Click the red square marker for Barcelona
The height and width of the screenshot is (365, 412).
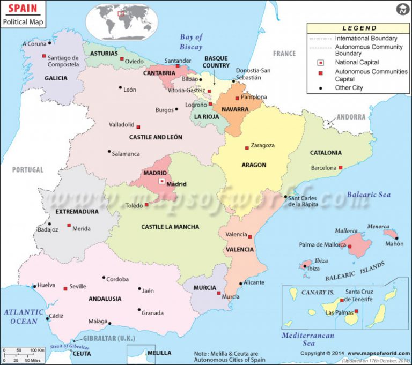pos(340,168)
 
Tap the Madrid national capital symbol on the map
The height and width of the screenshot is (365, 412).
pos(161,182)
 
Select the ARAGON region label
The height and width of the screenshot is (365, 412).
pos(254,165)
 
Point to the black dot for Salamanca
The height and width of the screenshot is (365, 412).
pos(109,151)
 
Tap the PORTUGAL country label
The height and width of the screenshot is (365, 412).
pos(28,170)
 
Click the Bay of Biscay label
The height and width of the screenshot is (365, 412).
pos(191,42)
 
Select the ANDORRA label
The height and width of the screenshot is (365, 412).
pos(351,117)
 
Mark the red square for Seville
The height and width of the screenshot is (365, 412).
pos(65,288)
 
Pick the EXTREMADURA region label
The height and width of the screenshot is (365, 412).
pos(77,212)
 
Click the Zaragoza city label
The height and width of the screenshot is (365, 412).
pos(263,145)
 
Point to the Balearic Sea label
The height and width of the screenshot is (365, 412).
pos(369,195)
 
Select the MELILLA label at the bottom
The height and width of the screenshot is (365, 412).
pos(159,353)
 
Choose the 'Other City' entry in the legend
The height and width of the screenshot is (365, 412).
pos(349,88)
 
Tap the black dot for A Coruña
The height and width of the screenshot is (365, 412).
pos(49,42)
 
